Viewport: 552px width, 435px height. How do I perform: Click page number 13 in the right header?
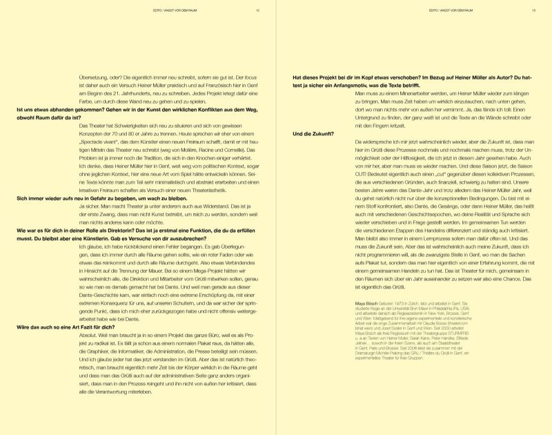pyautogui.click(x=533, y=11)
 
